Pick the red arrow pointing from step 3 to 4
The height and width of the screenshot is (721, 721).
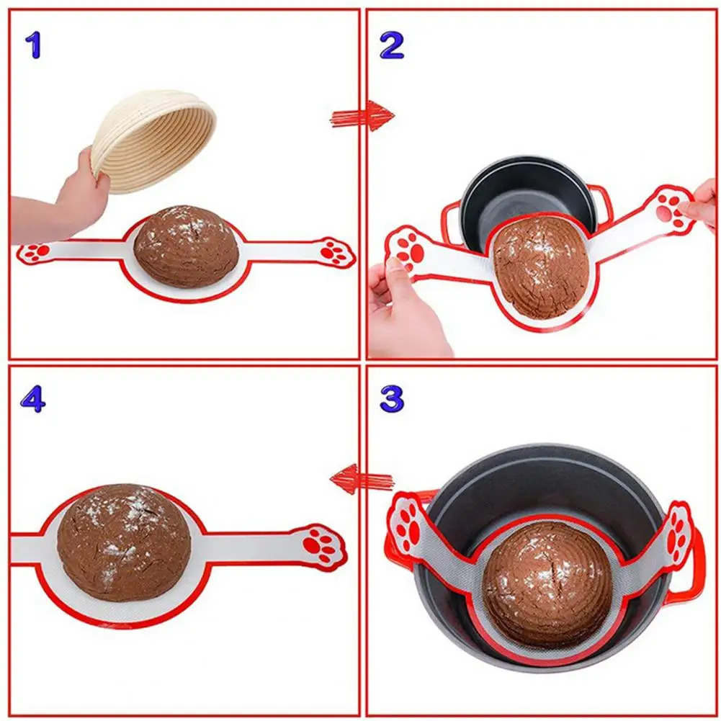pos(362,478)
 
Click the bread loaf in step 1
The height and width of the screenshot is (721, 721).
pos(186,246)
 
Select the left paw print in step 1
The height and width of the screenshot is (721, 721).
pos(35,251)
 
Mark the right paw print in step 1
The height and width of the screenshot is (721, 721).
pos(333,251)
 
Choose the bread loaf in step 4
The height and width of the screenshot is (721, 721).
pos(124,542)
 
